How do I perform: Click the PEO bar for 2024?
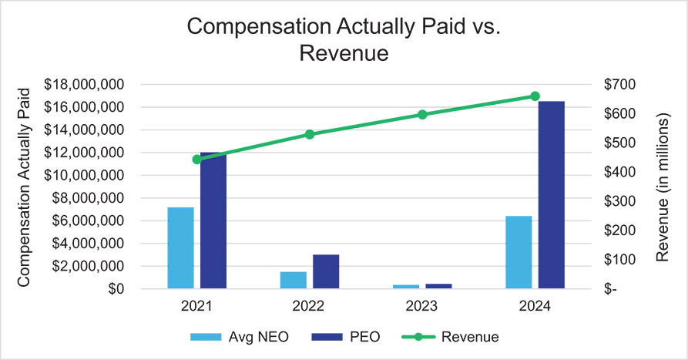pos(551,195)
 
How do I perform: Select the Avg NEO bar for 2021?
pos(180,248)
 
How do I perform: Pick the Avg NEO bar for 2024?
pos(518,252)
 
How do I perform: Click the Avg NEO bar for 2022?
pos(293,280)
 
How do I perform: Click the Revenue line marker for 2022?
pos(310,134)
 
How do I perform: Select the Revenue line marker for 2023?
pos(422,114)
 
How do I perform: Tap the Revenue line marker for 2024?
pos(535,96)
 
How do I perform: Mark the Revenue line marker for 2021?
pos(197,160)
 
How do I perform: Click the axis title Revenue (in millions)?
pos(666,186)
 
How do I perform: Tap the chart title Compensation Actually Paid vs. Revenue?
pos(344,41)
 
